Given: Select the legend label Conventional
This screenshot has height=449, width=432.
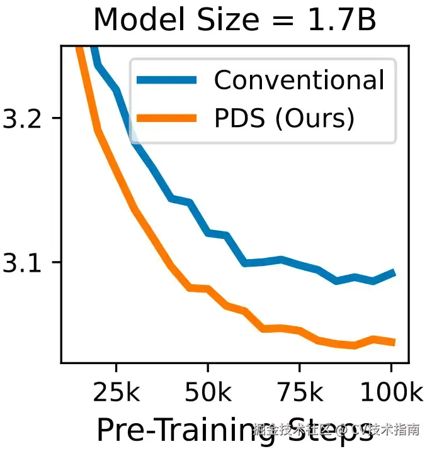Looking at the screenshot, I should (298, 80).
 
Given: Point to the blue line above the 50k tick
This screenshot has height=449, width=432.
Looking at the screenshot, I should (208, 233).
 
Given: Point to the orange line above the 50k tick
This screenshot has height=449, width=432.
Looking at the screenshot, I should (208, 289).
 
